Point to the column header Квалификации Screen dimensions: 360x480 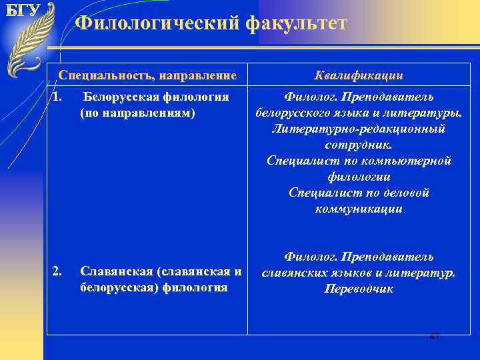360,76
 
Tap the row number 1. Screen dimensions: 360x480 57,97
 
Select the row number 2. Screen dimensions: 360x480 57,271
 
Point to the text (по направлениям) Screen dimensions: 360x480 137,113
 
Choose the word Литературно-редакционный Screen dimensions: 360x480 359,128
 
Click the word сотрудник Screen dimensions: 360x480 359,144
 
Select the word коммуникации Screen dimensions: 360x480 359,209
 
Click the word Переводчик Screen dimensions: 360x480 359,289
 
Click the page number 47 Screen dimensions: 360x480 435,337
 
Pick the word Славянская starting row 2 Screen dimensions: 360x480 113,271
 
